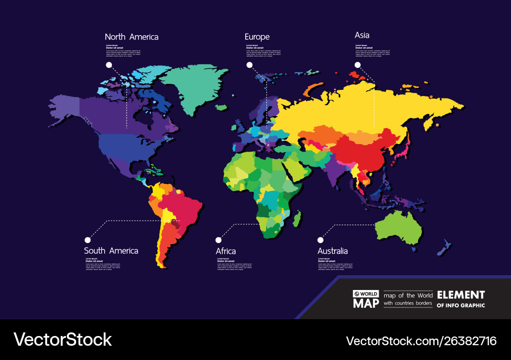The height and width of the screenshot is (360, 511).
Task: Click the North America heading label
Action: click(x=131, y=37)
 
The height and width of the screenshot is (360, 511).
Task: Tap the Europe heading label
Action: click(x=257, y=37)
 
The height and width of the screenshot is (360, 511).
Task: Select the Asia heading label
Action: click(x=362, y=35)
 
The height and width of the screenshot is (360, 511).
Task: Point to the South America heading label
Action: click(x=111, y=251)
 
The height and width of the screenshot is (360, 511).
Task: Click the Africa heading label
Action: click(x=226, y=251)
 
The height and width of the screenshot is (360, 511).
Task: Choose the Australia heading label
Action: click(x=333, y=251)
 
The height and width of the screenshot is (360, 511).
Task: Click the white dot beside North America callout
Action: click(x=108, y=65)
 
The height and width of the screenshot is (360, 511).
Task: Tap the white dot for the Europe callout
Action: click(x=249, y=65)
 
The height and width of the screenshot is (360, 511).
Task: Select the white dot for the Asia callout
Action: click(x=358, y=65)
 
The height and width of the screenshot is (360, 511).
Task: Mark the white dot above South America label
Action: click(x=87, y=239)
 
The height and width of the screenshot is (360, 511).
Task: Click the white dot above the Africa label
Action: click(x=219, y=239)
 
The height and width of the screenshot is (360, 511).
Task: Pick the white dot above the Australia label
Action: click(x=321, y=239)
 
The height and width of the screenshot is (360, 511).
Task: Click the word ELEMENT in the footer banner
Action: click(x=460, y=295)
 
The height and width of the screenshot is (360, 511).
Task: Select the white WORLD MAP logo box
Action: click(x=366, y=299)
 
